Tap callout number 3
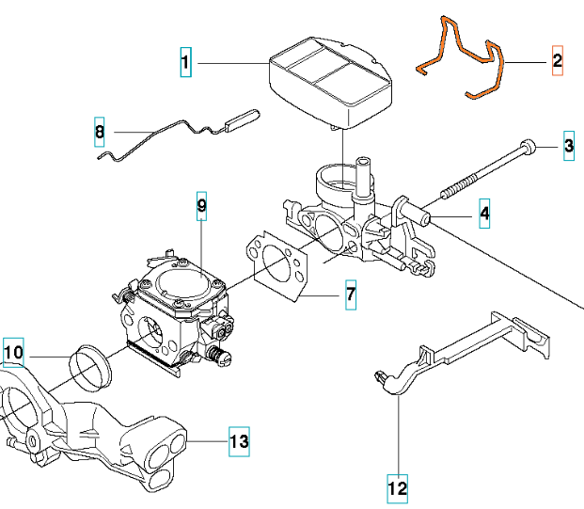[x=569, y=146]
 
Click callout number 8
[x=100, y=133]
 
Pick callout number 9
[x=200, y=205]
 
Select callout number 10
[x=13, y=353]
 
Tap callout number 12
[x=398, y=488]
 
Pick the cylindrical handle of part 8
[x=243, y=119]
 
